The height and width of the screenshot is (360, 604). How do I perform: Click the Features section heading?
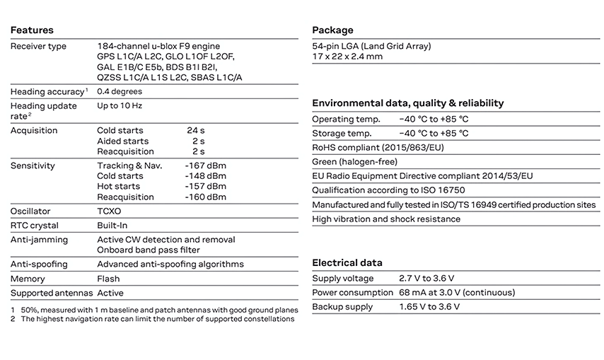(32, 30)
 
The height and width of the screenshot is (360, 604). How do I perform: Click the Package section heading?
(332, 30)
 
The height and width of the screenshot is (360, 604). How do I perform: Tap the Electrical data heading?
(347, 262)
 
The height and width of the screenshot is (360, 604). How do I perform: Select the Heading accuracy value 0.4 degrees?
(120, 92)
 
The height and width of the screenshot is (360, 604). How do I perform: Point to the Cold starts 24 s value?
(196, 131)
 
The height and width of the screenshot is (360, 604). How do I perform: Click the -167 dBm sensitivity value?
(205, 166)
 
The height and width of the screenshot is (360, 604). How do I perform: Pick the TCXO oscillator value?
(109, 211)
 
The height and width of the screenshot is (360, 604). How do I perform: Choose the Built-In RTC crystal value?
(112, 226)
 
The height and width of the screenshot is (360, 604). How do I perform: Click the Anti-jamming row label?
(39, 240)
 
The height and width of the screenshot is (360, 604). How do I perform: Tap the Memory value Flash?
(108, 279)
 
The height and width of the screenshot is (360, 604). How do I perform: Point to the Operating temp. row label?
(346, 120)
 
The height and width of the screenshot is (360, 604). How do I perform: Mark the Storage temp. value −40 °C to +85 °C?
(434, 134)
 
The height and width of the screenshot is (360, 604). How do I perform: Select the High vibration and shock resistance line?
(386, 219)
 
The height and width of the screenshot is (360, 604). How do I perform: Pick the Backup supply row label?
(342, 307)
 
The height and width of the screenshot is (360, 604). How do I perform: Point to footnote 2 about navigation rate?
(152, 320)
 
